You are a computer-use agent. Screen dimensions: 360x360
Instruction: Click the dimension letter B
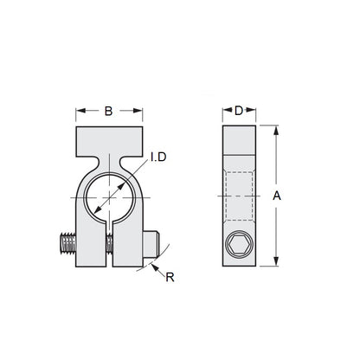109,110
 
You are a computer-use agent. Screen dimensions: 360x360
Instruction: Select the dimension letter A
277,197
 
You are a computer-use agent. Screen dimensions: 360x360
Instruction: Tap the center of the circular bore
109,197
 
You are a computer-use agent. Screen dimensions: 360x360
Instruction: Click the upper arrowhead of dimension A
276,131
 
